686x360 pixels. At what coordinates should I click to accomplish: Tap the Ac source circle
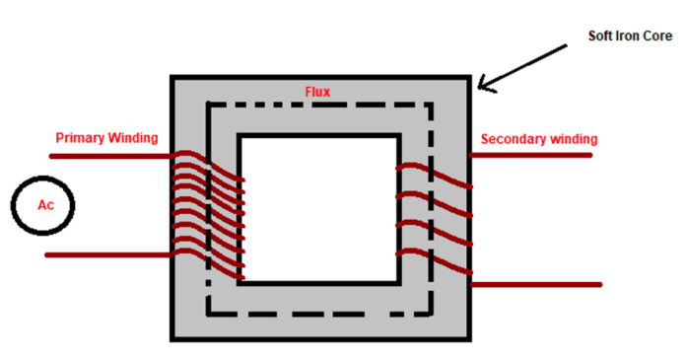pyautogui.click(x=43, y=206)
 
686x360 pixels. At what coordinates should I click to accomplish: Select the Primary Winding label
pyautogui.click(x=106, y=138)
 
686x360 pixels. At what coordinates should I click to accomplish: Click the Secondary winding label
pyautogui.click(x=539, y=138)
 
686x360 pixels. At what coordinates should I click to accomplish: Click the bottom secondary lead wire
pyautogui.click(x=537, y=284)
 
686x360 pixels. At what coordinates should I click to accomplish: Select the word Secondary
pyautogui.click(x=513, y=138)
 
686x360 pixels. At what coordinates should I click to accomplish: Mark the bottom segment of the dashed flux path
pyautogui.click(x=317, y=315)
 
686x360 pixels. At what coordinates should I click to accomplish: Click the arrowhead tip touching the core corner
pyautogui.click(x=480, y=91)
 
